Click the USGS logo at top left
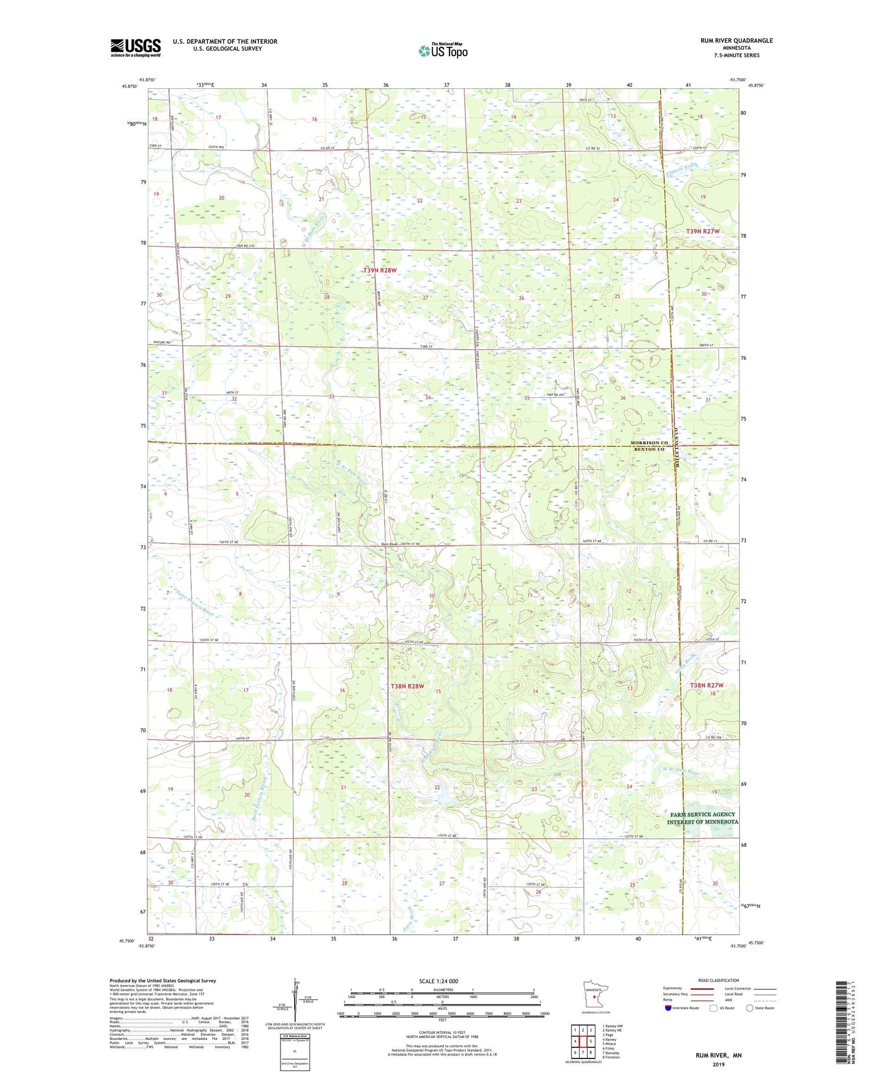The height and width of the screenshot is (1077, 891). [135, 47]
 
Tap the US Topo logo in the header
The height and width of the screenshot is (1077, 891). [443, 51]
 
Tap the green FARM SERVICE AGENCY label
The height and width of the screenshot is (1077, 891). [702, 814]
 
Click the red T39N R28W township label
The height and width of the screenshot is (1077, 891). [379, 270]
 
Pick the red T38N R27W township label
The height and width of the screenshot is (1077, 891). [706, 685]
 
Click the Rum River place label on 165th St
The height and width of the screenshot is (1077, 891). [389, 544]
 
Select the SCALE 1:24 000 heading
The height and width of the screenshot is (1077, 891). [438, 981]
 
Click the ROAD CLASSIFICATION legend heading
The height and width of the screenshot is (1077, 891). [719, 980]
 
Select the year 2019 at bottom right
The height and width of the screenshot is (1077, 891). [718, 1064]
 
